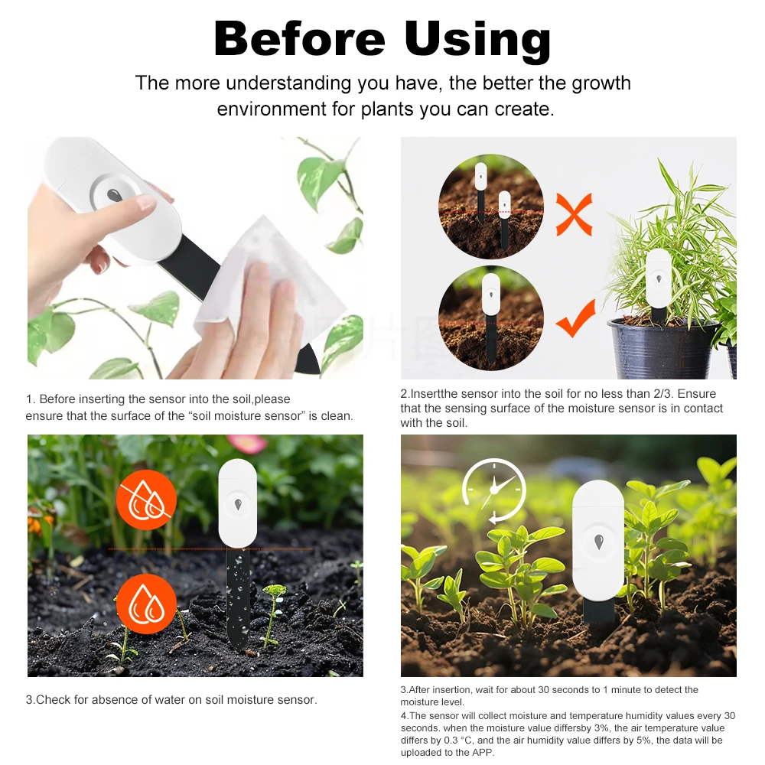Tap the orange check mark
[575, 319]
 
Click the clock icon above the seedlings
[494, 490]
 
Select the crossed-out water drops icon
[146, 500]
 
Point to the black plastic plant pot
[662, 349]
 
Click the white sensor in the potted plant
[659, 278]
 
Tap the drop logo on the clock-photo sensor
[599, 542]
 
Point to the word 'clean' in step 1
[336, 416]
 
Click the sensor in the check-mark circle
[490, 295]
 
